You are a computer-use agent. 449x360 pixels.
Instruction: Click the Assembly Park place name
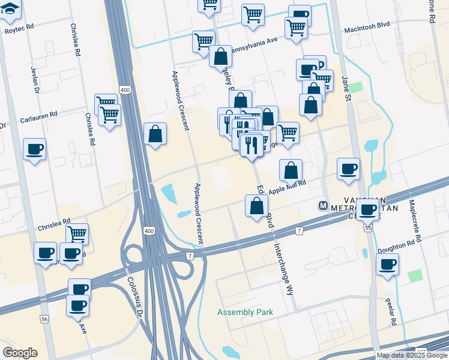click(245, 313)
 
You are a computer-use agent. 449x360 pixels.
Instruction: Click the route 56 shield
click(44, 320)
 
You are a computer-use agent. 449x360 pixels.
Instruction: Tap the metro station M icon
click(323, 206)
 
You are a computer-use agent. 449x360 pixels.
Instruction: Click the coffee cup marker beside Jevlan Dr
click(34, 148)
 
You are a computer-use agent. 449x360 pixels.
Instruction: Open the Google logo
click(20, 352)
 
